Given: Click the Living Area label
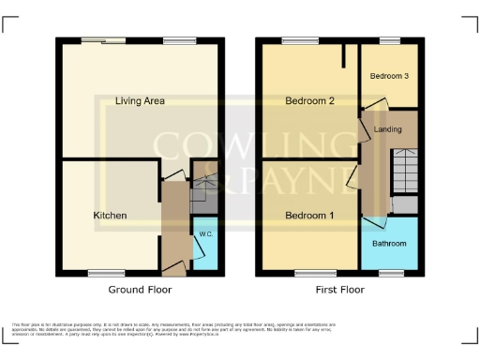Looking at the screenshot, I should coord(135,101).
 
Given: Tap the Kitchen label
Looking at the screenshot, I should coord(110,216).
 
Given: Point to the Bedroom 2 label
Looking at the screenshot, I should coord(309,101).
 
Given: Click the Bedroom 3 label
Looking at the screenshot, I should coord(387,76).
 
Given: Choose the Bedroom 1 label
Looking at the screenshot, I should coord(309,216).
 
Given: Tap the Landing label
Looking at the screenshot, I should coord(387,129).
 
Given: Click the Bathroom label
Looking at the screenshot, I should coord(389,244).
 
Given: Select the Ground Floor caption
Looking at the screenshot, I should coord(141,291).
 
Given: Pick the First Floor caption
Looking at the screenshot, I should coord(338,291).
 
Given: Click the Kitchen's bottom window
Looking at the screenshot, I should coord(101,273).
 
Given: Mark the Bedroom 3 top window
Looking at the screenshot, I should coord(388,40).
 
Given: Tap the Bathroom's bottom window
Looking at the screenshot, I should coord(387,273).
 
